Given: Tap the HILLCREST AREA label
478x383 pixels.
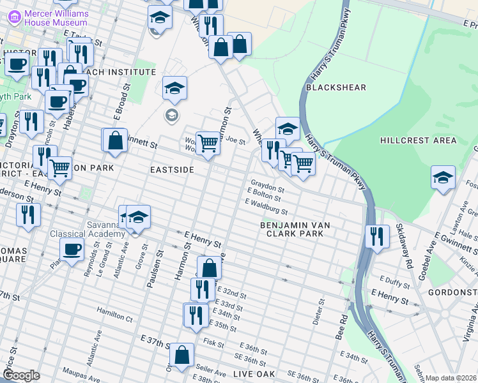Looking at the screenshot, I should click(418, 140).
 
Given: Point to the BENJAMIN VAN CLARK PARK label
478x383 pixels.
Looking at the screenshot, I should click(300, 230).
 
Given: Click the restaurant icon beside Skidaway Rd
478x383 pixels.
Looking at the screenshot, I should click(378, 237).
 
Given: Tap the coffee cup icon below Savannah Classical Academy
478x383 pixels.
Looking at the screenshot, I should click(72, 249).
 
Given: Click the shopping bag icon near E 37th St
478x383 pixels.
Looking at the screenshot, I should click(182, 355).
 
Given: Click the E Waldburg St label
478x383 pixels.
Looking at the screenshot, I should click(266, 206).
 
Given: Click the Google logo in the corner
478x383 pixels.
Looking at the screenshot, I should click(21, 375).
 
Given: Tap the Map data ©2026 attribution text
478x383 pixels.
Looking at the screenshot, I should click(451, 378).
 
